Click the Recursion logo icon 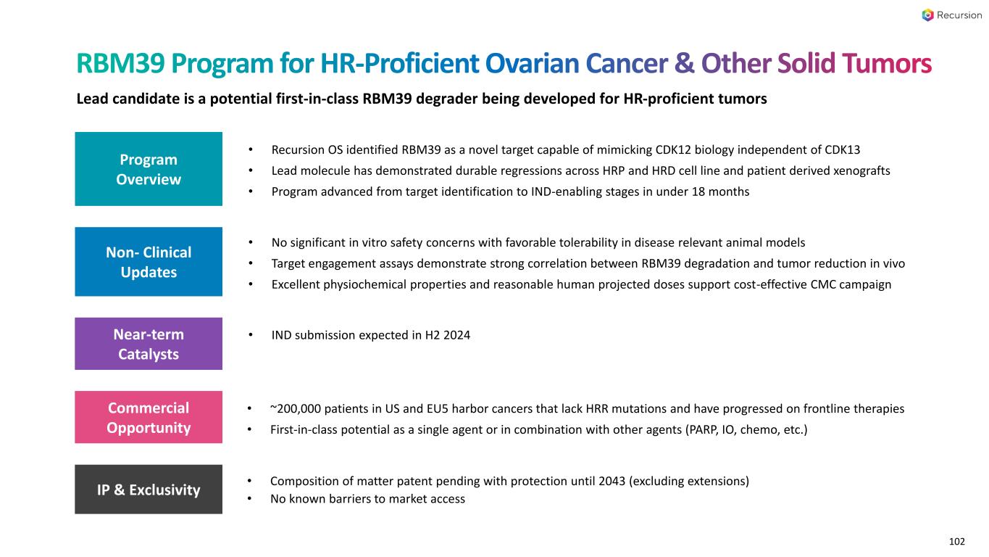(x=928, y=15)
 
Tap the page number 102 (x=957, y=541)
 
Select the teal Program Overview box (x=149, y=169)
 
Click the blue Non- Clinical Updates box (x=149, y=262)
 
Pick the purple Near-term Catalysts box (x=149, y=344)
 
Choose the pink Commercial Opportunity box (x=149, y=418)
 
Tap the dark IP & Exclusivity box (x=149, y=490)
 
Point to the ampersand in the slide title (x=685, y=65)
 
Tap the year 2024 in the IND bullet (x=457, y=335)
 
